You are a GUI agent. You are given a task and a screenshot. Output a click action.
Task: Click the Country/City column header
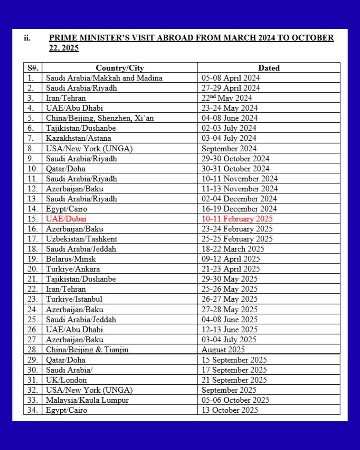click(120, 68)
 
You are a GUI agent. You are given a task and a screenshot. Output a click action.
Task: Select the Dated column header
click(269, 68)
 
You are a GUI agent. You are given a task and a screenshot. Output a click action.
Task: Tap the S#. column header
click(33, 68)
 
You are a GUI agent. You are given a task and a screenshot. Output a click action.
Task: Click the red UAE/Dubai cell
click(66, 219)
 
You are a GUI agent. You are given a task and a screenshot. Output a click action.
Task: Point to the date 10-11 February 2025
click(237, 219)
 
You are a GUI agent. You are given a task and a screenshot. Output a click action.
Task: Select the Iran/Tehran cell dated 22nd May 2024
click(66, 98)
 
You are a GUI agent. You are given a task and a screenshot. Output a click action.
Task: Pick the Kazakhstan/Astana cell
click(78, 138)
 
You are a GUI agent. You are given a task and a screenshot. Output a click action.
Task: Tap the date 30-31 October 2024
click(235, 169)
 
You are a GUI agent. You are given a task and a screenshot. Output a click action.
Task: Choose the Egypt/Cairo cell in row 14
click(66, 209)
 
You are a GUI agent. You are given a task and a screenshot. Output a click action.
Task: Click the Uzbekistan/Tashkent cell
click(82, 239)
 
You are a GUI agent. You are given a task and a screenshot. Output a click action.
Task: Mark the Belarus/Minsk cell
click(71, 259)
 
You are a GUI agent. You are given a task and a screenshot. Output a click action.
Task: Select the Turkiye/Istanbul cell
click(74, 299)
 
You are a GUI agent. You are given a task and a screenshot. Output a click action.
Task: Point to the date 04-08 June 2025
click(230, 320)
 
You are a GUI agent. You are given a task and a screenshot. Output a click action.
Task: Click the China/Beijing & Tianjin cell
click(87, 350)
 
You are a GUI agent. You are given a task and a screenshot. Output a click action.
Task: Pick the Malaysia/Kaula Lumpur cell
click(87, 400)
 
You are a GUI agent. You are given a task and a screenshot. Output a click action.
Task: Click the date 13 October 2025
click(230, 410)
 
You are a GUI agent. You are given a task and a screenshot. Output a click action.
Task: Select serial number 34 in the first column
click(33, 410)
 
